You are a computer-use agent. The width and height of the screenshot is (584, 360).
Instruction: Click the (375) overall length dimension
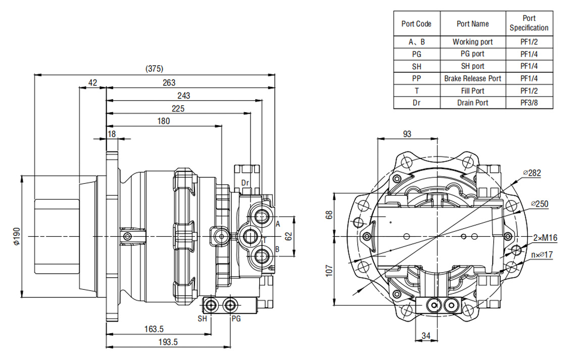pos(154,69)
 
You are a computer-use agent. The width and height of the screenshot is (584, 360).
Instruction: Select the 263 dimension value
pos(169,82)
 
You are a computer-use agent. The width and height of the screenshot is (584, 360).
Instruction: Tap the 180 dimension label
pos(163,121)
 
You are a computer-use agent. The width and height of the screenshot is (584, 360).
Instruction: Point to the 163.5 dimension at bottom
pos(154,329)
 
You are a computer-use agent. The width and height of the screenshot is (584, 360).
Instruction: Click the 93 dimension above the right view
pos(407,134)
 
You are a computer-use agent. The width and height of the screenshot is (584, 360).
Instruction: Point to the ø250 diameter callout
pos(540,204)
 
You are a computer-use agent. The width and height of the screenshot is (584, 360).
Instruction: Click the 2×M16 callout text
pos(546,238)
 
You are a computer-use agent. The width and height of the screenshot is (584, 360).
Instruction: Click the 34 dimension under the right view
pos(425,335)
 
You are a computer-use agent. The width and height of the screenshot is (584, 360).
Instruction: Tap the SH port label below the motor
pos(202,319)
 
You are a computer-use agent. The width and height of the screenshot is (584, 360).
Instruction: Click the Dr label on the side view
pos(246,182)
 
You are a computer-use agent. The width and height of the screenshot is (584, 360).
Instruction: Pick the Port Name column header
pos(473,23)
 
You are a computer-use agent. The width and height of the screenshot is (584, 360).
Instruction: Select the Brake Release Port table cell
pos(473,78)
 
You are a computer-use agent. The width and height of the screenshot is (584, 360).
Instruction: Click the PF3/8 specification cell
pos(529,103)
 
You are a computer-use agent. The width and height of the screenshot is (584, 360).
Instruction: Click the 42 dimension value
pos(92,82)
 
